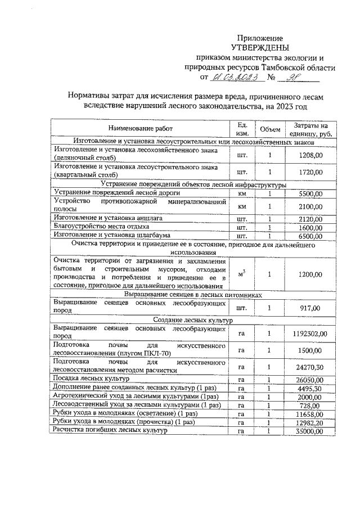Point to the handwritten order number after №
click(294, 78)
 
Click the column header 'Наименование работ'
click(141, 128)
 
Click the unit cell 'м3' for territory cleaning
click(242, 274)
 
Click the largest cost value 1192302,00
click(309, 334)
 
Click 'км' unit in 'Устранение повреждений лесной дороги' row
click(242, 193)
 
